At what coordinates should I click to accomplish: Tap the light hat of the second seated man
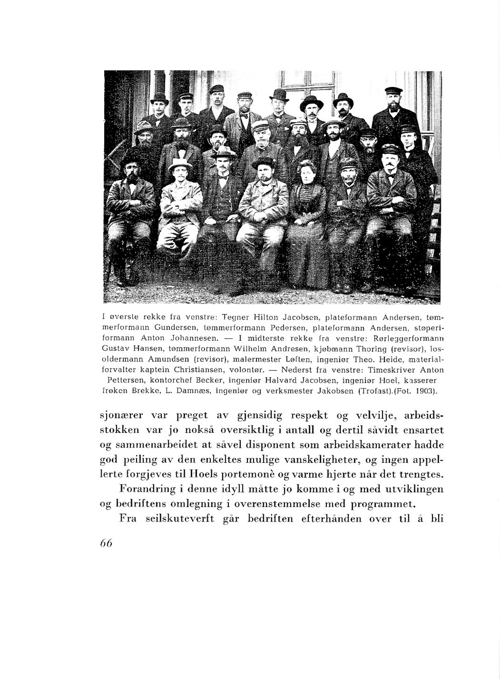pyautogui.click(x=179, y=164)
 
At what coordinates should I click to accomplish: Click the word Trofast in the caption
pyautogui.click(x=376, y=391)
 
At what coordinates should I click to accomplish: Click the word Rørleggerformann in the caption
pyautogui.click(x=412, y=338)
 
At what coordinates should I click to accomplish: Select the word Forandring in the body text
pyautogui.click(x=147, y=489)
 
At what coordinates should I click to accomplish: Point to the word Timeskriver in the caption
pyautogui.click(x=396, y=370)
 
